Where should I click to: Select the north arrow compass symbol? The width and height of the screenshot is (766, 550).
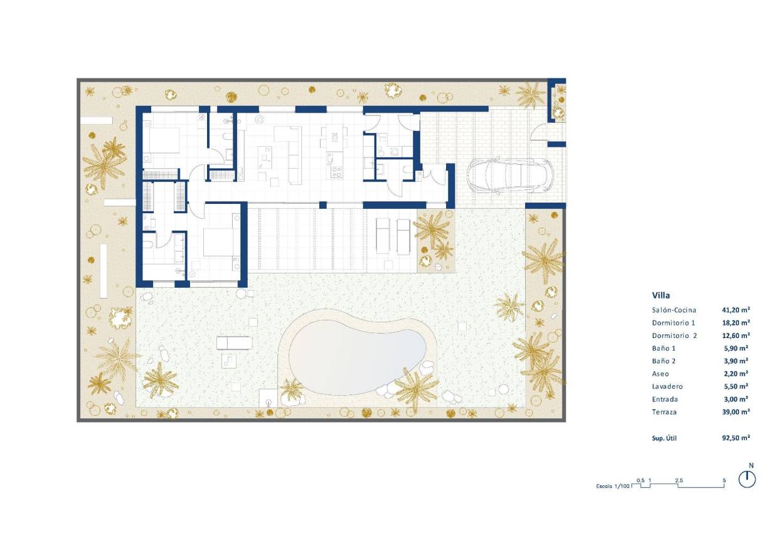747,479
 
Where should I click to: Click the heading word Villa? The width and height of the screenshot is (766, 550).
661,295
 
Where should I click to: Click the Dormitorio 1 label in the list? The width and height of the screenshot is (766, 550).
674,323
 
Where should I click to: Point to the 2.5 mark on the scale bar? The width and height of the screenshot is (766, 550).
679,480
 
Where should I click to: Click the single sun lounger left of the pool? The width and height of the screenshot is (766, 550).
234,342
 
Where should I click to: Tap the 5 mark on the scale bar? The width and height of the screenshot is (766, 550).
725,480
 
